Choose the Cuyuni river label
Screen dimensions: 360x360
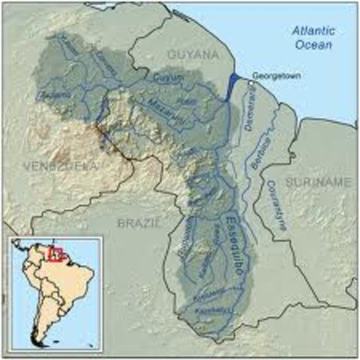click(x=165, y=77)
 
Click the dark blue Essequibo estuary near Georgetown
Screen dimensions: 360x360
click(x=233, y=81)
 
